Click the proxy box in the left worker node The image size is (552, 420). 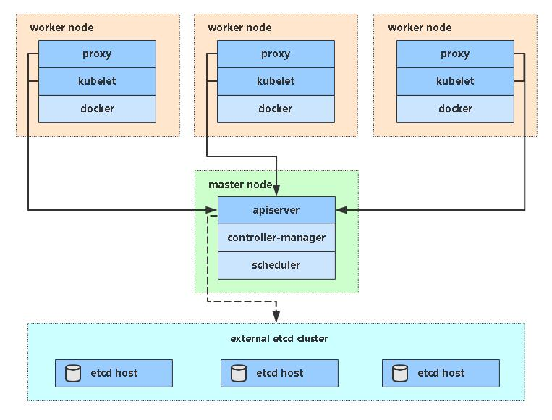pos(97,54)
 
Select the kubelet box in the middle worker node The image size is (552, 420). pos(276,81)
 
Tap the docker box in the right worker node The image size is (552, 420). pos(455,109)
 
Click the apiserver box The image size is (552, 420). pos(276,210)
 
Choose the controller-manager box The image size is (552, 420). pos(276,238)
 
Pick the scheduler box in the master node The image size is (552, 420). pos(276,265)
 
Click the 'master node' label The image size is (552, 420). pos(240,185)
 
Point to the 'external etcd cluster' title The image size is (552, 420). pos(279,338)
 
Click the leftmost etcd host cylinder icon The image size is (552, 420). pos(73,373)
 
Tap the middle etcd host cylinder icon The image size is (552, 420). pos(239,373)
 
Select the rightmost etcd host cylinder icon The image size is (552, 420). pos(400,373)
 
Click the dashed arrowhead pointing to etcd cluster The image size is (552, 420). pos(276,316)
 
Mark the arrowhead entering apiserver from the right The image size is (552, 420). pos(341,210)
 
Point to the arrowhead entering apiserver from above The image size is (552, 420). pos(276,190)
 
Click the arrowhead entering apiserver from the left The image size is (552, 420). pos(212,210)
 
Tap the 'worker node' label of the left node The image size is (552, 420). pos(61,28)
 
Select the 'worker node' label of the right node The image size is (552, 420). pos(420,28)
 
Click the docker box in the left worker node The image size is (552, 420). pos(97,109)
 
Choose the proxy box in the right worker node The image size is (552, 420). pos(455,54)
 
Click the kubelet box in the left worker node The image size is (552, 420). pos(97,81)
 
